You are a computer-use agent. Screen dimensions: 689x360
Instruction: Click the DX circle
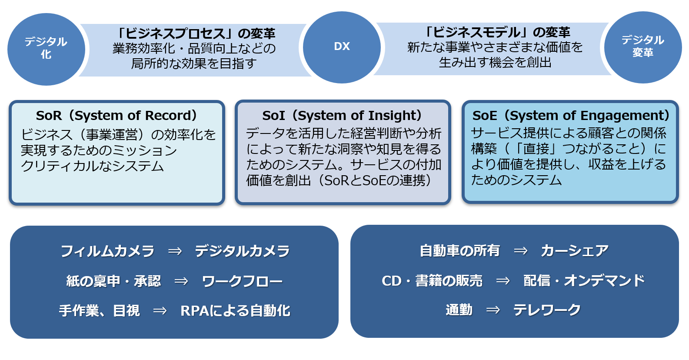(x=342, y=47)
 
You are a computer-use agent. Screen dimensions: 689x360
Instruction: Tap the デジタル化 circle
(x=46, y=49)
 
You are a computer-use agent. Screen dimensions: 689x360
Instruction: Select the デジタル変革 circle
(x=643, y=47)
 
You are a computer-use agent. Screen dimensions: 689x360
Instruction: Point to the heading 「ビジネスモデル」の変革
(x=496, y=32)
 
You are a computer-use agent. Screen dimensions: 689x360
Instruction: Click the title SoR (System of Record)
(x=117, y=116)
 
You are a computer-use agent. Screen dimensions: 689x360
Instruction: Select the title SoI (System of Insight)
(x=343, y=116)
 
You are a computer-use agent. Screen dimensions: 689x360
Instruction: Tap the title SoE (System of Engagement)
(x=571, y=116)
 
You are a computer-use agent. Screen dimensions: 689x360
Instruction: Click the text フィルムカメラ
(x=107, y=251)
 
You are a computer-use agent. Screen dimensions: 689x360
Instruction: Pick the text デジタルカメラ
(x=243, y=251)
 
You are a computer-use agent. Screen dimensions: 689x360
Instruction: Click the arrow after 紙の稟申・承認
(x=181, y=281)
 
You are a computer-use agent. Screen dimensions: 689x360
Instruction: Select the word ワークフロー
(x=242, y=281)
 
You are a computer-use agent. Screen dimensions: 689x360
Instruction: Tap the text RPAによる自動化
(x=235, y=310)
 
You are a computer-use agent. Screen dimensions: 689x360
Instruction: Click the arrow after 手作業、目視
(x=160, y=310)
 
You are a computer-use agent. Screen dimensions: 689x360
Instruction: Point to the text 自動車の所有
(x=460, y=250)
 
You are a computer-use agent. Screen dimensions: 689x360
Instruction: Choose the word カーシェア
(x=575, y=250)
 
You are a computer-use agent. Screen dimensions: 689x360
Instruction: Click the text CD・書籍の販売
(x=432, y=280)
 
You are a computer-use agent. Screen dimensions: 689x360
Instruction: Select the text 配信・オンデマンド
(x=584, y=280)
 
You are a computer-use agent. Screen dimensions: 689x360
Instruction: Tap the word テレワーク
(x=546, y=310)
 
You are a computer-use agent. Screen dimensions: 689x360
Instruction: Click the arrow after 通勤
(x=493, y=310)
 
